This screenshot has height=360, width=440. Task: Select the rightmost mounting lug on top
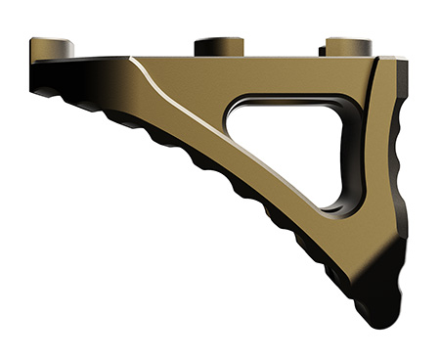(x=348, y=45)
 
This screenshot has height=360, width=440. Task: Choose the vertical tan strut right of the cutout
(x=377, y=157)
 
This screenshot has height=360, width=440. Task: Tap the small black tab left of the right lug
(x=321, y=49)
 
